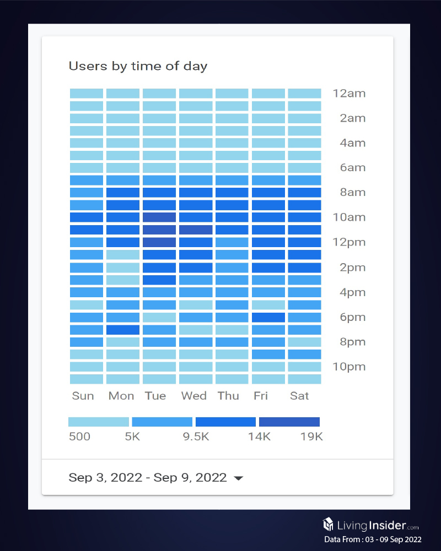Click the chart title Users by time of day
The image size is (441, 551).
coord(138,67)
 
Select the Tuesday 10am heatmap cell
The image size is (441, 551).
coord(159,217)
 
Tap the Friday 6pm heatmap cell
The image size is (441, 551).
coord(268,317)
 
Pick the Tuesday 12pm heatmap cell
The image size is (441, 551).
coord(159,242)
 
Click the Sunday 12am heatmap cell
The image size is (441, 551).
coord(86,93)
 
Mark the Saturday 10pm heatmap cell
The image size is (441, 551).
coord(304,367)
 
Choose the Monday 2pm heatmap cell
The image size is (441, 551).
coord(122,268)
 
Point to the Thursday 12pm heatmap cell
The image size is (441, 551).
coord(232,242)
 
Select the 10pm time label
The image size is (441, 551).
coord(348,367)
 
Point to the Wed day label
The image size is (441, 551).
coord(194,396)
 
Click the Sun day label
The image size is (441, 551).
coord(83,396)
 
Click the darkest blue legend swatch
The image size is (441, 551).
coord(289,422)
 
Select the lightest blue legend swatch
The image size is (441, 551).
coord(99,422)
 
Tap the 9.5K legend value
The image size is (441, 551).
coord(196,437)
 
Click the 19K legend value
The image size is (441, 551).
coord(311,437)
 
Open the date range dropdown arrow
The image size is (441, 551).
coord(238,478)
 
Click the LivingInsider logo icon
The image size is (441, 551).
coord(328,523)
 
